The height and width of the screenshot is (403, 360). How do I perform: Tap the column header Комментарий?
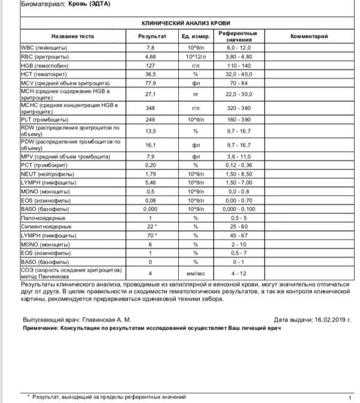[309, 36]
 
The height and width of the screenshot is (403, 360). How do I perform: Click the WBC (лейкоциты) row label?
[44, 47]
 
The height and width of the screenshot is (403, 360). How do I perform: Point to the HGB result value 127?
[151, 65]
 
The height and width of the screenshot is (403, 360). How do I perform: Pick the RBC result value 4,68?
[151, 56]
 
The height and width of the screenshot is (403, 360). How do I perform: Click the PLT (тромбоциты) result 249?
[151, 119]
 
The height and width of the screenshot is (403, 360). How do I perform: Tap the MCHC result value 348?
[151, 109]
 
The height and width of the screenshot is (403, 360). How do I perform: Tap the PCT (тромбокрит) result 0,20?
[151, 165]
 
